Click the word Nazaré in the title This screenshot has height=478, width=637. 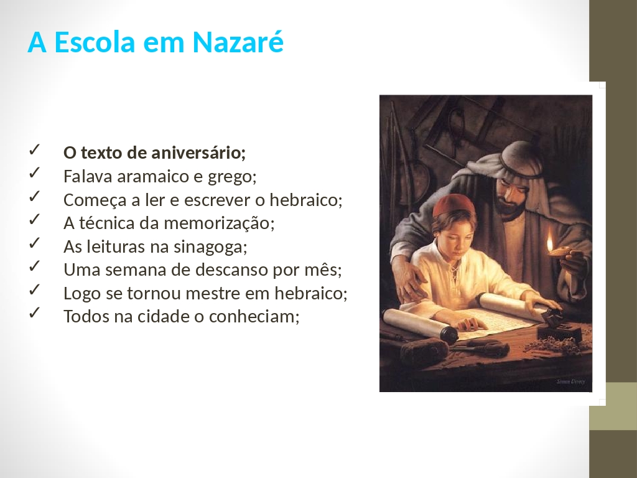238,42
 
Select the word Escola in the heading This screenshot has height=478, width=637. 95,42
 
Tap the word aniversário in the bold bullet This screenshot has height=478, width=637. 198,153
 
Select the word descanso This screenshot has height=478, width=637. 220,270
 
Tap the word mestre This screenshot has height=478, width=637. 215,294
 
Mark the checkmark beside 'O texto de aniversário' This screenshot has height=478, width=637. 34,149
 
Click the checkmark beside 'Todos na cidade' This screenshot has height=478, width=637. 34,312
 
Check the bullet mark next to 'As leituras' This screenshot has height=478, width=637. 34,243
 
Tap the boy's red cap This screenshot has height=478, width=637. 453,205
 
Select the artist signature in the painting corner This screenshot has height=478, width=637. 570,382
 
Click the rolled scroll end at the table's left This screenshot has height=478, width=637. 449,335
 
